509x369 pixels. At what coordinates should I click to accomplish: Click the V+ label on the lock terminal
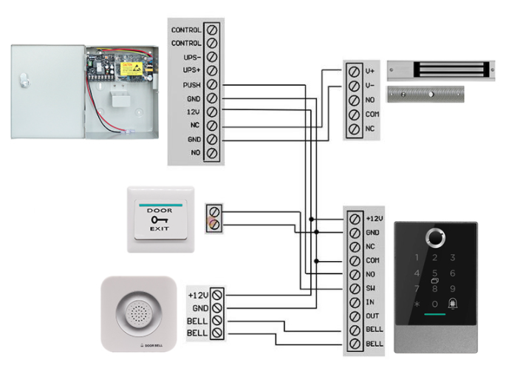click(371, 72)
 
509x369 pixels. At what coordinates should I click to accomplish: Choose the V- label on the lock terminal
click(371, 86)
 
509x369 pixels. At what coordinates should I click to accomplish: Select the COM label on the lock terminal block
click(372, 115)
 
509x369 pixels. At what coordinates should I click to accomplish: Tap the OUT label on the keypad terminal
click(372, 316)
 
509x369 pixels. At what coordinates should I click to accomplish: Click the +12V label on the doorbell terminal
click(198, 294)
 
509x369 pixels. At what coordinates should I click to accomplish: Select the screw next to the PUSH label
click(213, 85)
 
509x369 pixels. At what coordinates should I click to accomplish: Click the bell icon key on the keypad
click(454, 304)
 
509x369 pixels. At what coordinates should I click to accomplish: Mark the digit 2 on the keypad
click(435, 258)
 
